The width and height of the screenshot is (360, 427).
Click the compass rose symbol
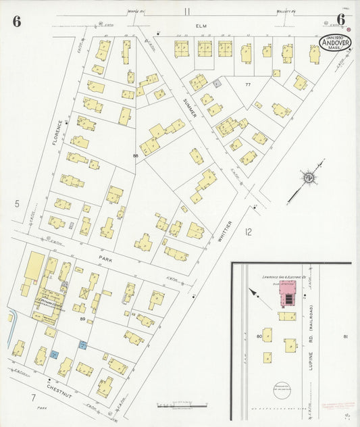pyautogui.click(x=309, y=177)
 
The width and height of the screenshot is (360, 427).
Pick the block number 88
pyautogui.click(x=136, y=156)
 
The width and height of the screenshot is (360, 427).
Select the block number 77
pyautogui.click(x=248, y=84)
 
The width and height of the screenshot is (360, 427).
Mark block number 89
pyautogui.click(x=82, y=320)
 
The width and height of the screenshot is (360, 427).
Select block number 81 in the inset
pyautogui.click(x=345, y=336)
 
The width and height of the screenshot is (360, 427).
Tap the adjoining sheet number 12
pyautogui.click(x=249, y=232)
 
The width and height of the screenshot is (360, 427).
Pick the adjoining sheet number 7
pyautogui.click(x=32, y=398)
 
